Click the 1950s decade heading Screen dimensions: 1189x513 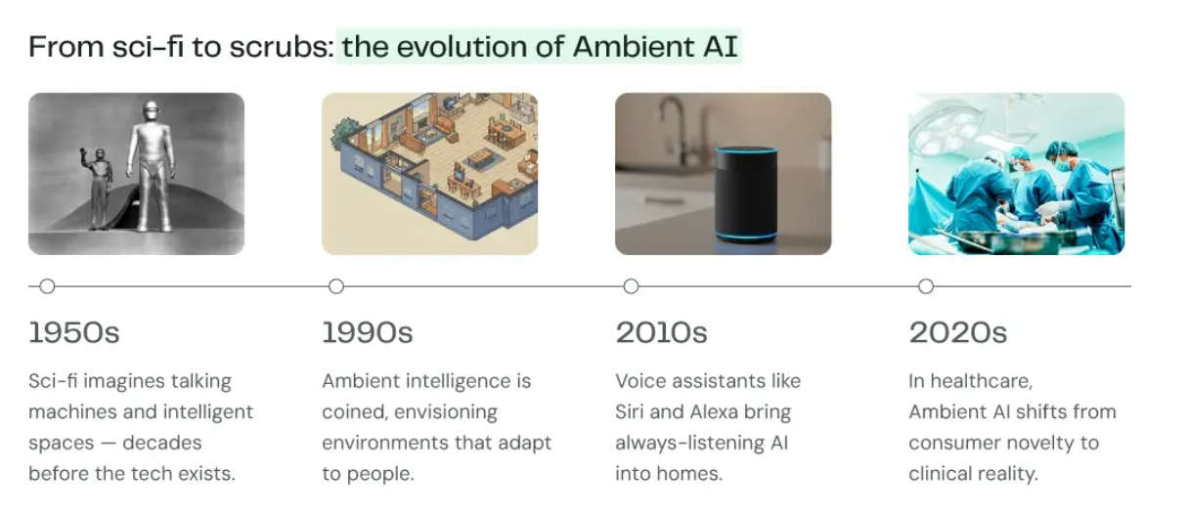click(73, 332)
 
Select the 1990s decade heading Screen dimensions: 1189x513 click(368, 332)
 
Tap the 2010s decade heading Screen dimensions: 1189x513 click(661, 332)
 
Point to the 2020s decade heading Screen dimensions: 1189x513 click(957, 332)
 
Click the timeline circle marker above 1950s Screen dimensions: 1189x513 click(47, 286)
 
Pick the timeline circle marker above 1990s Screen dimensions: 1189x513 click(336, 286)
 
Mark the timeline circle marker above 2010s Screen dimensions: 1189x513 click(631, 286)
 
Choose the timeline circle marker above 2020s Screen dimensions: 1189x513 click(926, 286)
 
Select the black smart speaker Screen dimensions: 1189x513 click(746, 194)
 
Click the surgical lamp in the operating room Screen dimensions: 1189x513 click(946, 130)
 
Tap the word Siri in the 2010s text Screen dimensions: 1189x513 click(630, 411)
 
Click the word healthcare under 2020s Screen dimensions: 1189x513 click(982, 381)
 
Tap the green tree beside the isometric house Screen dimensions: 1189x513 click(344, 134)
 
